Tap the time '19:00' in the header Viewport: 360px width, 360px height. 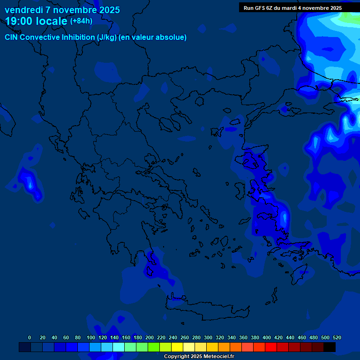coord(19,21)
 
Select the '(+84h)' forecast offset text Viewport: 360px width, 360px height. coord(81,21)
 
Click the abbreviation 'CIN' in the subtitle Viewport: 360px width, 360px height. coord(12,37)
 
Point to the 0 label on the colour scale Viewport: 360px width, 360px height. coord(30,337)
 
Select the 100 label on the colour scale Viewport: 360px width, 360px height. coord(91,337)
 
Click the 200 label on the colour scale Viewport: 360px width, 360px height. coord(150,337)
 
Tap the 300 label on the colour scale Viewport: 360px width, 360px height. coord(208,337)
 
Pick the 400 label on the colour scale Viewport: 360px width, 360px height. coord(267,337)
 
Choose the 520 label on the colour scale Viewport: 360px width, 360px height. coord(337,337)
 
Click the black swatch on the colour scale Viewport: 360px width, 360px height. coord(330,347)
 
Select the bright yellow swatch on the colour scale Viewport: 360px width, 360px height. coord(177,347)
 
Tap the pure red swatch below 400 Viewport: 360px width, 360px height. coord(271,347)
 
